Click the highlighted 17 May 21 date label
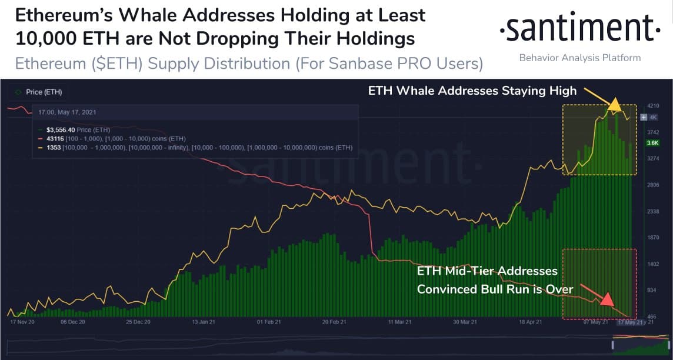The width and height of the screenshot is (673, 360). pos(630,322)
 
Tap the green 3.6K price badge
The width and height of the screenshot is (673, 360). pos(653,142)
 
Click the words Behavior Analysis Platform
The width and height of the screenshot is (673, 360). pos(579,58)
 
